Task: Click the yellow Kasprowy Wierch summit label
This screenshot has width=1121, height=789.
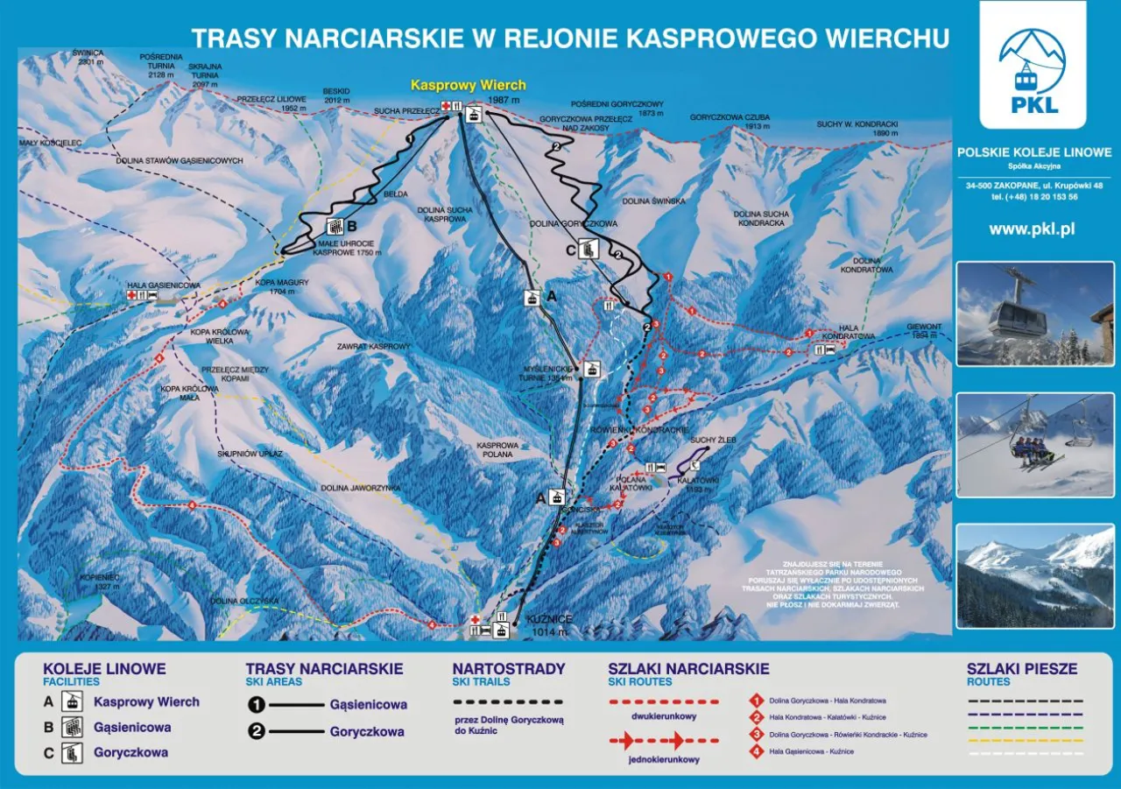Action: point(469,85)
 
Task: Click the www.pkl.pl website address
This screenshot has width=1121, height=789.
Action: point(1032,229)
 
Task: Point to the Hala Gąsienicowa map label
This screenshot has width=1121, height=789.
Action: point(164,285)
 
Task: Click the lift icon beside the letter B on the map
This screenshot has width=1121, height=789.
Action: point(334,227)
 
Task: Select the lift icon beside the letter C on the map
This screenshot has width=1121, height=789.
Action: point(590,249)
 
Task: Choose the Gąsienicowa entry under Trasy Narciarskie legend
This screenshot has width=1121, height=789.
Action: point(368,704)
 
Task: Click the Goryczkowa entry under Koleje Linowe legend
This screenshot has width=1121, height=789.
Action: point(131,752)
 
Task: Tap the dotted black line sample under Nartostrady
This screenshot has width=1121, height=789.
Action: point(508,702)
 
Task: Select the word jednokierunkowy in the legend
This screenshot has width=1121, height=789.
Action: point(663,759)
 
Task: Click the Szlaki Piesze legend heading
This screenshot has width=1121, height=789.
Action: point(1022,669)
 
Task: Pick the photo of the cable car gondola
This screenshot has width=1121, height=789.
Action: point(1034,313)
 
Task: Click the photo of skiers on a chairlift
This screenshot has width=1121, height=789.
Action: point(1034,445)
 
